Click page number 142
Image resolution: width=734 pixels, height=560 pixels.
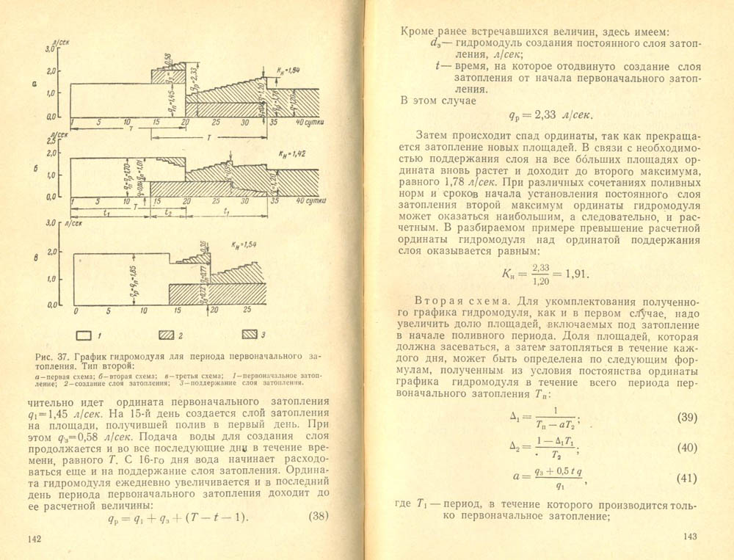click(x=33, y=539)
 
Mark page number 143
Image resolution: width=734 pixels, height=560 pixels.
click(x=688, y=537)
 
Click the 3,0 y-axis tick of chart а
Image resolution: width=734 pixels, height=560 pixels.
click(x=51, y=48)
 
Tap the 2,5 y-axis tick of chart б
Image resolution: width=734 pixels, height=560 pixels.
click(x=51, y=139)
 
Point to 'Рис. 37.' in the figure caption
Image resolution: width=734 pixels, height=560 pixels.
click(x=51, y=357)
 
